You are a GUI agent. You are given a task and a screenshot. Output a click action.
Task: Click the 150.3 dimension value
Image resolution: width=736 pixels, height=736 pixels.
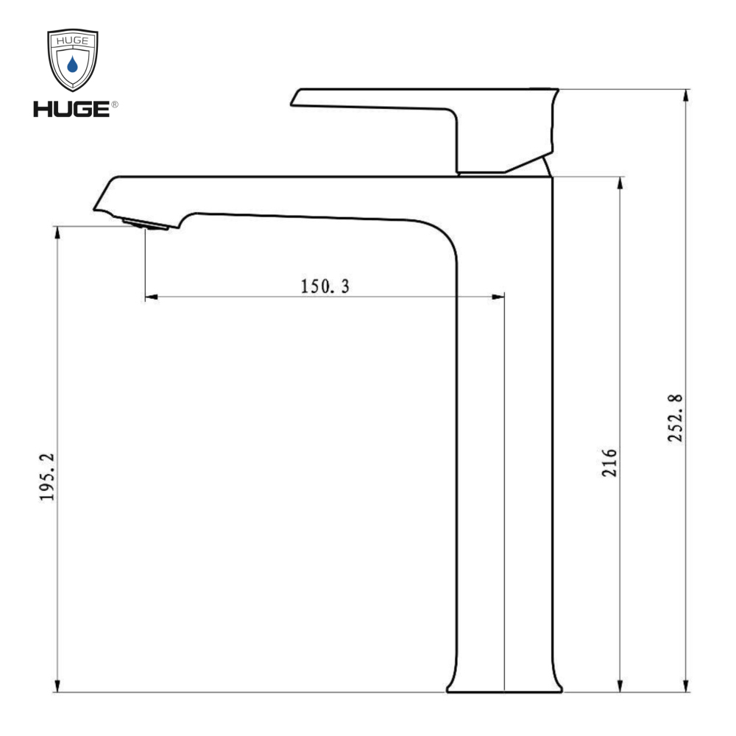coord(325,286)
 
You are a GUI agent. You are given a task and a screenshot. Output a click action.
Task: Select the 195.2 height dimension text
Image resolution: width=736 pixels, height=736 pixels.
coord(47,477)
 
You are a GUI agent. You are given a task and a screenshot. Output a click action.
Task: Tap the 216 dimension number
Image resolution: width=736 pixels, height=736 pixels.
coord(609,463)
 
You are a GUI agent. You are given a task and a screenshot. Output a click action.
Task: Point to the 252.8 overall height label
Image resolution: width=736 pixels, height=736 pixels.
coord(676,418)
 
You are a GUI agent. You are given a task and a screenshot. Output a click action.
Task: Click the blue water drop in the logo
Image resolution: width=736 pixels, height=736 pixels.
coord(72,64)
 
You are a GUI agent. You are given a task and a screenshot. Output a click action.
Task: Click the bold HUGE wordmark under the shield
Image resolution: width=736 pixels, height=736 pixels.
coord(71,109)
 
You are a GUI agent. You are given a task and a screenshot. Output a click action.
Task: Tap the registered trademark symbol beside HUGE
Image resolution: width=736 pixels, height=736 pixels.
coord(115,105)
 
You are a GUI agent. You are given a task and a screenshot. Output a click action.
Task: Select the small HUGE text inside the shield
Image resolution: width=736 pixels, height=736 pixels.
coord(72,40)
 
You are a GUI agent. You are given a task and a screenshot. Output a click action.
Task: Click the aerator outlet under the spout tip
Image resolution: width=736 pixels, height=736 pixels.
coord(146,224)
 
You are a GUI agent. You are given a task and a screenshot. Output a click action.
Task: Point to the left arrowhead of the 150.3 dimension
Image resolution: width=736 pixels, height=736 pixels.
coord(151,297)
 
